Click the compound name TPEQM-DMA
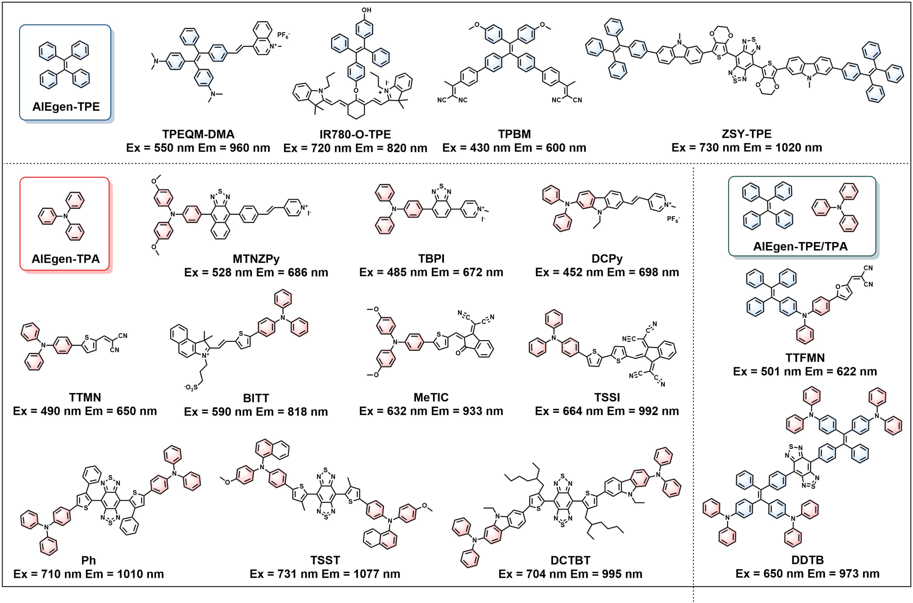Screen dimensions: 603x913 pos(198,134)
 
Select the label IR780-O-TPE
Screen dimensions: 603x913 pos(355,134)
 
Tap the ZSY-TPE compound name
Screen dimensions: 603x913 pos(746,134)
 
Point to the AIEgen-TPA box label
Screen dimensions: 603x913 pos(66,259)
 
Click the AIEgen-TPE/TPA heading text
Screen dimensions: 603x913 pos(800,246)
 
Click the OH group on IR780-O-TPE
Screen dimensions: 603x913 pos(366,10)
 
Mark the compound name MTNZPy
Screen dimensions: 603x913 pos(256,259)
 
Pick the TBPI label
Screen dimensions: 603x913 pos(431,259)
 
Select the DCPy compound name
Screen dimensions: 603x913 pos(607,259)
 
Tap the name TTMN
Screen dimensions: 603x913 pos(85,397)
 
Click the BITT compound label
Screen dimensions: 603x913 pos(256,398)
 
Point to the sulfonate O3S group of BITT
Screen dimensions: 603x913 pos(191,388)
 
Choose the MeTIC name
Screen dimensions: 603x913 pos(431,397)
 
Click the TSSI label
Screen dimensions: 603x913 pos(607,397)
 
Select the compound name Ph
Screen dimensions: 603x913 pos(88,560)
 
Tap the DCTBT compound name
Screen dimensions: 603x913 pos(570,560)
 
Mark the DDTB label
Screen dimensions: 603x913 pos(807,560)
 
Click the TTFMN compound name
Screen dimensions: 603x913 pos(805,358)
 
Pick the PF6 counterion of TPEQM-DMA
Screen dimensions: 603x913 pos(284,35)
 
